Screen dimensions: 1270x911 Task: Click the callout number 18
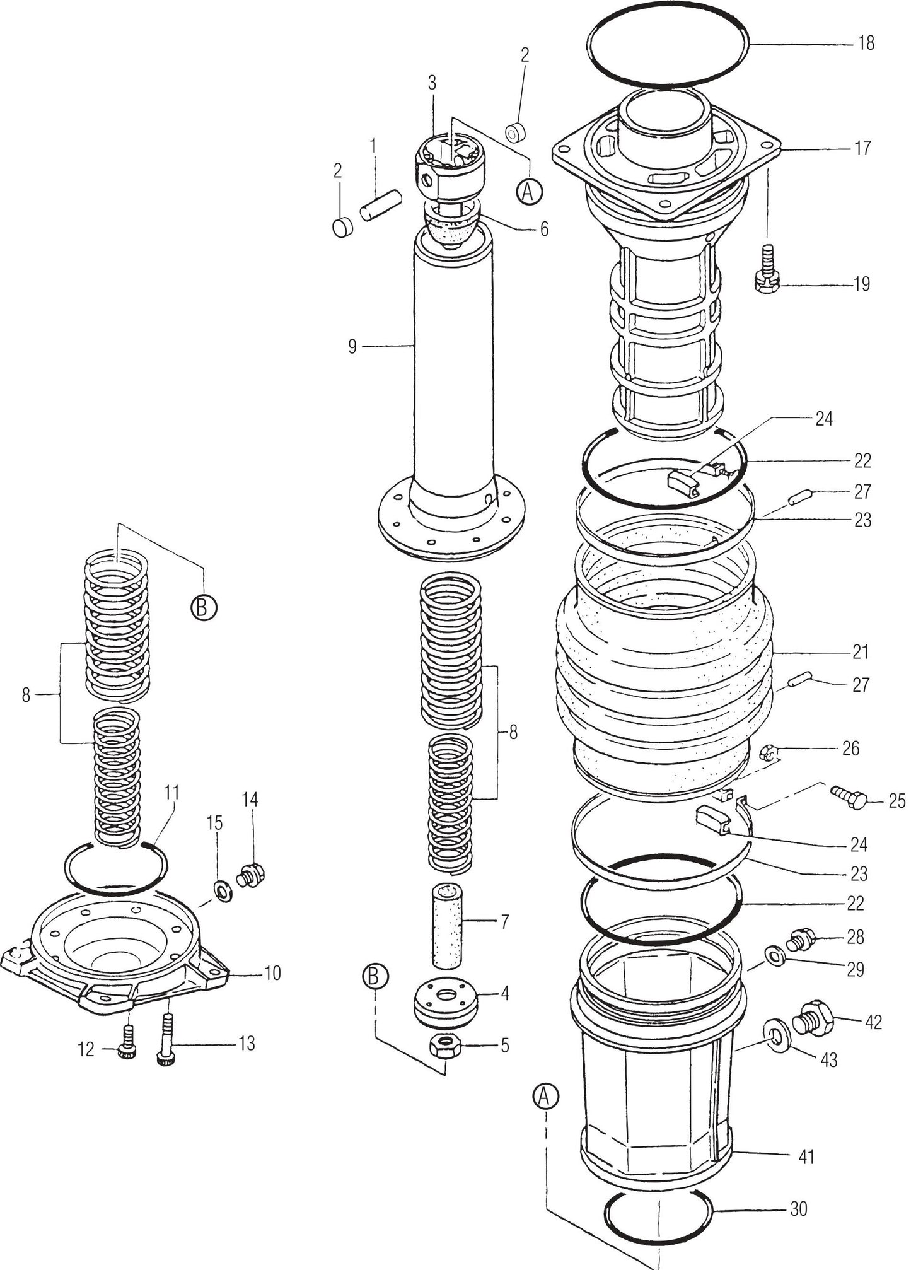coord(866,44)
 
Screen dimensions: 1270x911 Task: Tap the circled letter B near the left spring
coord(204,607)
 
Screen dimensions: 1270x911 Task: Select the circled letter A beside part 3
coord(530,191)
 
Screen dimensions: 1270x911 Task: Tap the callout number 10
coord(271,973)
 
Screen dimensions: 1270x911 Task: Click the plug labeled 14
coord(251,876)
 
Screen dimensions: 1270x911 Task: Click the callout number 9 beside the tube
coord(352,346)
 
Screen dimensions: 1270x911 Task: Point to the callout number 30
coord(798,1209)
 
